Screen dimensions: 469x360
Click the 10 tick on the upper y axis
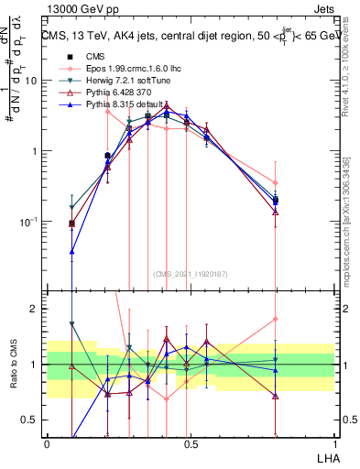coord(31,81)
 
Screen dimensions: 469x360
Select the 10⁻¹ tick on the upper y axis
coord(29,222)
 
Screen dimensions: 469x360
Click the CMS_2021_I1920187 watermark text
coord(191,274)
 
